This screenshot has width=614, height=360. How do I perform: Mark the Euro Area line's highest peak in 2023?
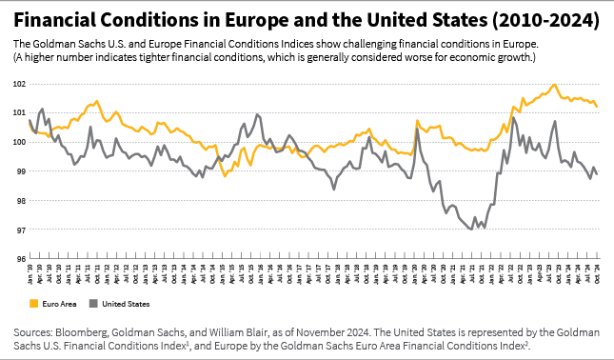(554, 85)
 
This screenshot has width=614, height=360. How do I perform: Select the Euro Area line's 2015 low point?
(225, 175)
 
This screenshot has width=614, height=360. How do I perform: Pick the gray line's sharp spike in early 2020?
(417, 129)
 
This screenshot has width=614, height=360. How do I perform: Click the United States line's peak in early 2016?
(257, 114)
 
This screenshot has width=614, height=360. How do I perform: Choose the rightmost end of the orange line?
(597, 107)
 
